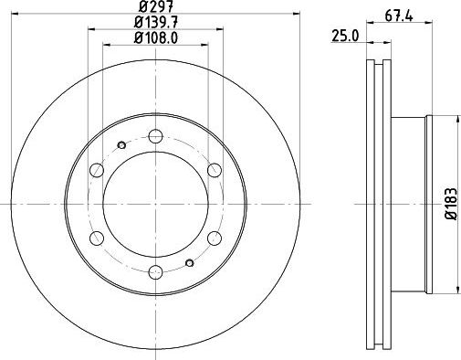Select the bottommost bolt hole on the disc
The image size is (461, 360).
coord(155,270)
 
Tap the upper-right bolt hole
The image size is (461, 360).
coord(214,169)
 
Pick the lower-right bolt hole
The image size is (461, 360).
coord(214,237)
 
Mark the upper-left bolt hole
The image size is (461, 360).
coord(97,169)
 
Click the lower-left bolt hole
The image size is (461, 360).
coord(97,237)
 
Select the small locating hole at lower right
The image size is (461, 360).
coord(188,262)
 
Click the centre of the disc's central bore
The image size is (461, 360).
coord(155,203)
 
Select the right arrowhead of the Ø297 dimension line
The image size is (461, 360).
coord(295,13)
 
